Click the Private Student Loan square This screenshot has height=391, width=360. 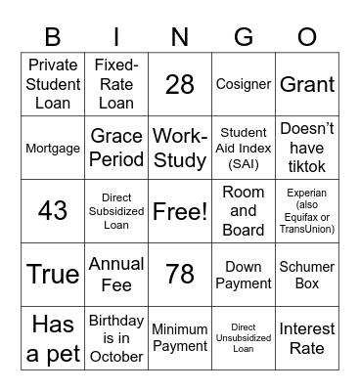click(x=53, y=84)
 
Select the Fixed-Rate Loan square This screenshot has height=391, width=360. click(x=116, y=84)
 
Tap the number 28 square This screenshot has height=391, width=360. click(x=180, y=84)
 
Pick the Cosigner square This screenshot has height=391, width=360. click(x=244, y=84)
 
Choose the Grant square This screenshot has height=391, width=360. click(x=307, y=84)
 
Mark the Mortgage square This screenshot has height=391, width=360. click(x=53, y=148)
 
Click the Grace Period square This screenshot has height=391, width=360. click(x=116, y=148)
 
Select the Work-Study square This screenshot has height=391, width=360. click(x=180, y=148)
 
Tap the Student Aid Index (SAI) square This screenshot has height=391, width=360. click(x=244, y=148)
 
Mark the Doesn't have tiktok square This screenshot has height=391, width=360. click(x=307, y=148)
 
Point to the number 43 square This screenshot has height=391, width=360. click(x=53, y=211)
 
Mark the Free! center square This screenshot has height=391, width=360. click(x=180, y=211)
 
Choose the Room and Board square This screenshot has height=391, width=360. click(x=244, y=211)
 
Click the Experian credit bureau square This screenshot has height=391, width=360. click(x=307, y=211)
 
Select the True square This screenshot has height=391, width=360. click(x=53, y=275)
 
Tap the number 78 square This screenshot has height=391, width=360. click(x=180, y=275)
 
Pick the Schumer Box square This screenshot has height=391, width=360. click(x=307, y=275)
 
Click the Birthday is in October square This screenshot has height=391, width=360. click(x=116, y=338)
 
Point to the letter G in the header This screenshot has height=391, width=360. click(x=244, y=36)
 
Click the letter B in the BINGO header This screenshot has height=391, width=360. click(x=53, y=36)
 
